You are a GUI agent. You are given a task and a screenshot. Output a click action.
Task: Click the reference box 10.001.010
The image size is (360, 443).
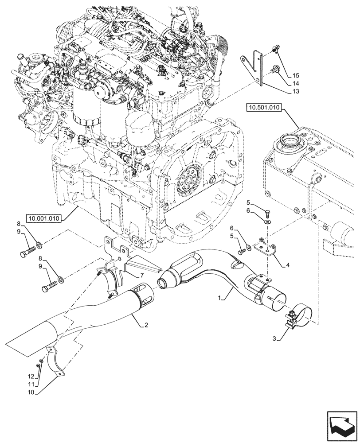(x=44, y=218)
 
